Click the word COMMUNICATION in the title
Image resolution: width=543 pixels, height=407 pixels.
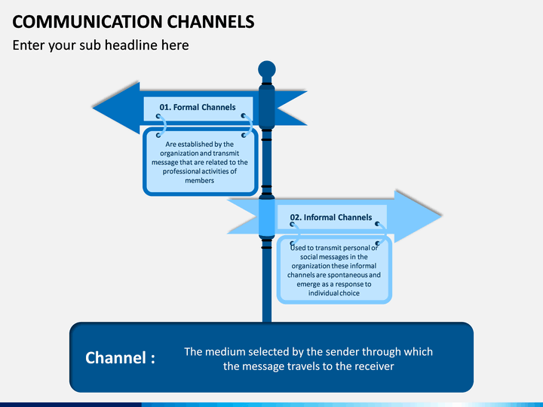click(87, 21)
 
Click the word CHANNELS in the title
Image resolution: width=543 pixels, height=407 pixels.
click(211, 21)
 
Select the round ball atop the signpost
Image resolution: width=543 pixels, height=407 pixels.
click(267, 69)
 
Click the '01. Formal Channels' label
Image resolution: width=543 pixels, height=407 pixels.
click(198, 107)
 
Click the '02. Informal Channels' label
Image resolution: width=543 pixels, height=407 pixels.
click(331, 217)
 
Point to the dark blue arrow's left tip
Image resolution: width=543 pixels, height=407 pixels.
click(93, 108)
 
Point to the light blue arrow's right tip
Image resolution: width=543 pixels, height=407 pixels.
click(441, 216)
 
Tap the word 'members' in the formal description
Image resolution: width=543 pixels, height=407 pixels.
click(199, 180)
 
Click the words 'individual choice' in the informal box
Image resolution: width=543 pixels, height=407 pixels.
click(334, 293)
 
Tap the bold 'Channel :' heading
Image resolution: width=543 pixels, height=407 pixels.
click(120, 358)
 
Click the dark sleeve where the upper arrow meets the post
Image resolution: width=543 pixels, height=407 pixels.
click(267, 107)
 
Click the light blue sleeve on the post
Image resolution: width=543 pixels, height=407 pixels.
click(267, 217)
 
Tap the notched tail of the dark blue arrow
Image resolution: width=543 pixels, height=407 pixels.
click(291, 108)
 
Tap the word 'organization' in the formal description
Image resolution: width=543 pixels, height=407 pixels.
click(179, 153)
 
